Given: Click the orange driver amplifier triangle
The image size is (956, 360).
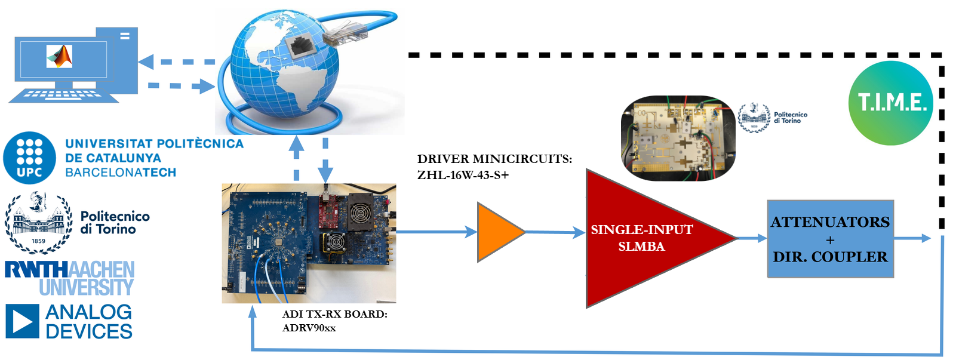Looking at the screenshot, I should coord(497,232).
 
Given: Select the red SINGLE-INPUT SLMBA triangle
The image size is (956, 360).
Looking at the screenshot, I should coord(642,238).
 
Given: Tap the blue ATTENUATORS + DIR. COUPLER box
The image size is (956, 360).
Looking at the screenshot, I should coord(830,239).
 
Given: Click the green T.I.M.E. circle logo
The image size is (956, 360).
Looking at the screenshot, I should coord(891,103).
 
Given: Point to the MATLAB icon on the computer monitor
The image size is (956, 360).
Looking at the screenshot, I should coord(60,57).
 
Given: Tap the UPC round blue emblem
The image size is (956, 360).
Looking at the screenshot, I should coord(29,158).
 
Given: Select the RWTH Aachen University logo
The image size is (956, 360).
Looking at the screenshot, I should coord(70,278).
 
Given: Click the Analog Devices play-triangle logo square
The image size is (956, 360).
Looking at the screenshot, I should coord(23,321).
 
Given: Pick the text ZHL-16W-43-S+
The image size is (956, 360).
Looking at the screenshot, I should coord(463,175).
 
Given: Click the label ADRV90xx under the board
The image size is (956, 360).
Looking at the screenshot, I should coord(309,328).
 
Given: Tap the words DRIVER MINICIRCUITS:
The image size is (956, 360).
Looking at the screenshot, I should coord(494,159).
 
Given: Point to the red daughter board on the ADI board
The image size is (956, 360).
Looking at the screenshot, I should coord(329,212).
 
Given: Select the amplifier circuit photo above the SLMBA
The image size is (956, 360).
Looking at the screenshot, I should coord(678,138).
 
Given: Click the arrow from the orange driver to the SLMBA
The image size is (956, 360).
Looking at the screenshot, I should coord(555,232).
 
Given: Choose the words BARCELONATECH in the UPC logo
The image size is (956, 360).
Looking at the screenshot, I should coord(121,173).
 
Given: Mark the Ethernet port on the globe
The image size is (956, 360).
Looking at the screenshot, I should coord(300,44).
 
